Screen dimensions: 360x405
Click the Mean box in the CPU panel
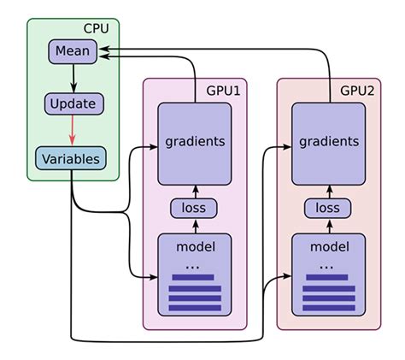pyautogui.click(x=73, y=51)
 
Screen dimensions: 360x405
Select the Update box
pyautogui.click(x=73, y=104)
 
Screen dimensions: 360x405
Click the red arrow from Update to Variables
pyautogui.click(x=73, y=132)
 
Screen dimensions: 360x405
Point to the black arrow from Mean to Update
pyautogui.click(x=73, y=78)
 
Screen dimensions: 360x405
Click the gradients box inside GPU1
pyautogui.click(x=195, y=141)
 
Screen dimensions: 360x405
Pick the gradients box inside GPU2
pyautogui.click(x=329, y=141)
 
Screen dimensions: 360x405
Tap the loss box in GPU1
pyautogui.click(x=195, y=208)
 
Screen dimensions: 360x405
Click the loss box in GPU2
pyautogui.click(x=329, y=208)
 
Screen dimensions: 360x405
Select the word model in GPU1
pyautogui.click(x=195, y=247)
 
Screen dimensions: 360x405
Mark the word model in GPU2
pyautogui.click(x=329, y=247)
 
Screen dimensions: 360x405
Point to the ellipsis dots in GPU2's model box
pyautogui.click(x=326, y=266)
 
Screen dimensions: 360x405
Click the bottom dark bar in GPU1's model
pyautogui.click(x=195, y=308)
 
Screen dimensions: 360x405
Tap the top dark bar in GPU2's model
pyautogui.click(x=328, y=277)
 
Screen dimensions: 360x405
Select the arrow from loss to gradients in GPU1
pyautogui.click(x=195, y=190)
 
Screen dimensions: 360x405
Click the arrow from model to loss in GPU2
pyautogui.click(x=329, y=226)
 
